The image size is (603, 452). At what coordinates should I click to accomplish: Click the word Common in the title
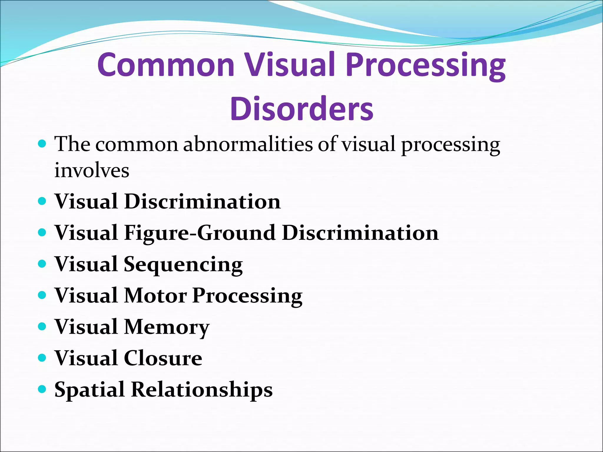click(166, 65)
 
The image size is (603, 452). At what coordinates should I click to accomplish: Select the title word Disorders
click(302, 109)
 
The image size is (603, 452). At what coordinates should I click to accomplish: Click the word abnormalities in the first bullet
click(248, 144)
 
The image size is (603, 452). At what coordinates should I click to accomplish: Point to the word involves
click(92, 170)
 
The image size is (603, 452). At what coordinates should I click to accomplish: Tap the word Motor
click(155, 295)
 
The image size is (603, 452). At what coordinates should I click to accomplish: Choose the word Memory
click(166, 327)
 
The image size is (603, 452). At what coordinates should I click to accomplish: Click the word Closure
click(163, 358)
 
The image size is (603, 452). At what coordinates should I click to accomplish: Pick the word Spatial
click(89, 390)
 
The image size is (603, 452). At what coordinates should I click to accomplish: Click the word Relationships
click(202, 390)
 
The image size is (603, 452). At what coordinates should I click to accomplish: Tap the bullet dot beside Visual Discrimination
click(42, 201)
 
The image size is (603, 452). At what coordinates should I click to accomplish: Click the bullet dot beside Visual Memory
click(42, 326)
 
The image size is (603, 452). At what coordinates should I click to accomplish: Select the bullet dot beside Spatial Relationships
click(42, 389)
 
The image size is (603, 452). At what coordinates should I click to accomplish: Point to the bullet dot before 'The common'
click(42, 144)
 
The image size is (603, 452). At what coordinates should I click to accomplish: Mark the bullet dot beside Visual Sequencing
click(42, 264)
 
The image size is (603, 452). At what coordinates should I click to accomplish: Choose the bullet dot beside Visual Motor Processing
click(42, 295)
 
